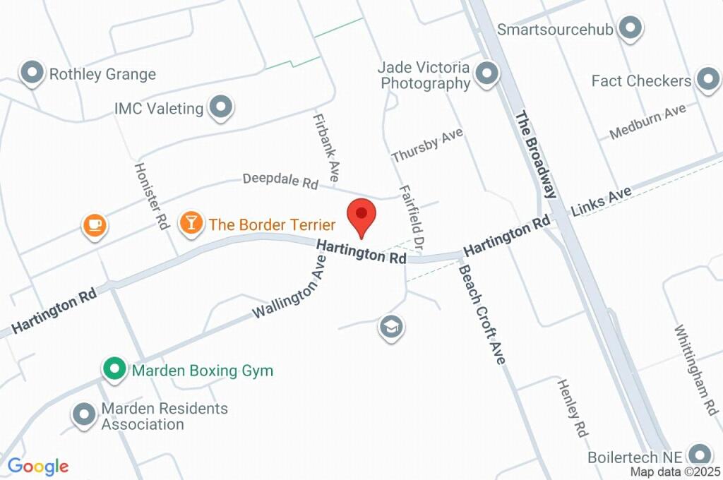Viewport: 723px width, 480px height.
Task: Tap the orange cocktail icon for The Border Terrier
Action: tap(190, 223)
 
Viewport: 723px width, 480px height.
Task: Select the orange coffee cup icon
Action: tap(94, 225)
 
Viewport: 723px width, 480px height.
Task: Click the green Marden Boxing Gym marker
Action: tap(113, 368)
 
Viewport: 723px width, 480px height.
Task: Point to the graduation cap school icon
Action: tap(390, 326)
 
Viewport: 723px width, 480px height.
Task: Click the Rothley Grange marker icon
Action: tap(32, 73)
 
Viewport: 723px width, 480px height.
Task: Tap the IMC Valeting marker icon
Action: tap(222, 107)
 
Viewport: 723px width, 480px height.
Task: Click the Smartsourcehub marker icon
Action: tap(629, 29)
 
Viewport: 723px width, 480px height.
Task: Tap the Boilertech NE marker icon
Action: tap(700, 454)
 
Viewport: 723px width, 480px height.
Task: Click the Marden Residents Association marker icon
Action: tap(85, 415)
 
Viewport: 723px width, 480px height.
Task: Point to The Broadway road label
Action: tap(536, 154)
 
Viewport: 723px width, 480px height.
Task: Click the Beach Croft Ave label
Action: tap(482, 314)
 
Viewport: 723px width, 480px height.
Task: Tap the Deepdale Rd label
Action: tap(280, 180)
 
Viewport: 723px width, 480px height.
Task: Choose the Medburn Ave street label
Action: tap(647, 121)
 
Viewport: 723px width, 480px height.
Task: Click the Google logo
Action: tap(38, 466)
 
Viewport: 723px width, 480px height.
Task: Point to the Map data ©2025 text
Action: tap(675, 472)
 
